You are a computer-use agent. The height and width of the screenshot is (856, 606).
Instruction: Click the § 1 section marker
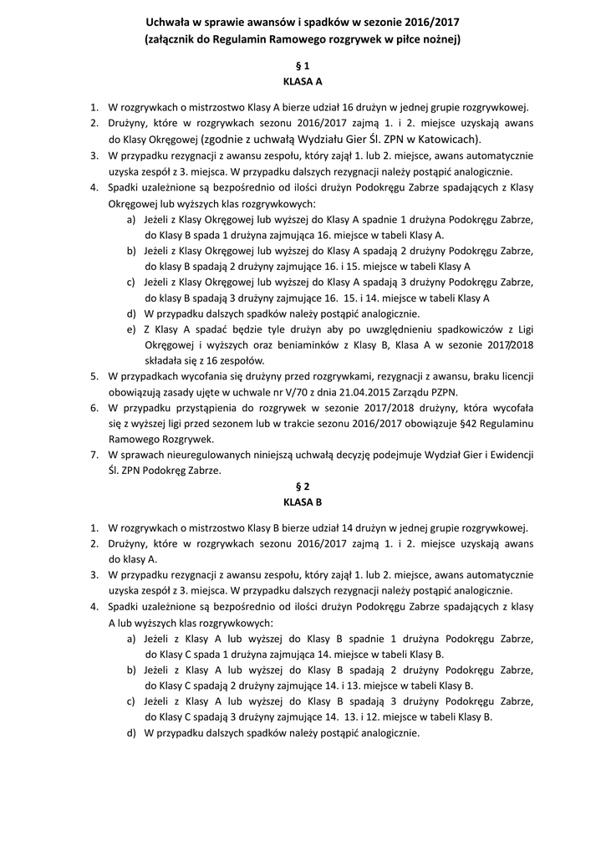point(303,65)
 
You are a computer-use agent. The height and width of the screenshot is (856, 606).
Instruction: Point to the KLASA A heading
point(303,82)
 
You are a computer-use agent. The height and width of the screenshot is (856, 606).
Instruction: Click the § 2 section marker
point(303,486)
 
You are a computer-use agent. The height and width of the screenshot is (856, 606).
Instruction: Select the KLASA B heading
point(303,502)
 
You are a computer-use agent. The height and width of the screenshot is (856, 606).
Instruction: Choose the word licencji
point(515,376)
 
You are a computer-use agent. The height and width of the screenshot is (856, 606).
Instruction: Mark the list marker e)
point(131,329)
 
